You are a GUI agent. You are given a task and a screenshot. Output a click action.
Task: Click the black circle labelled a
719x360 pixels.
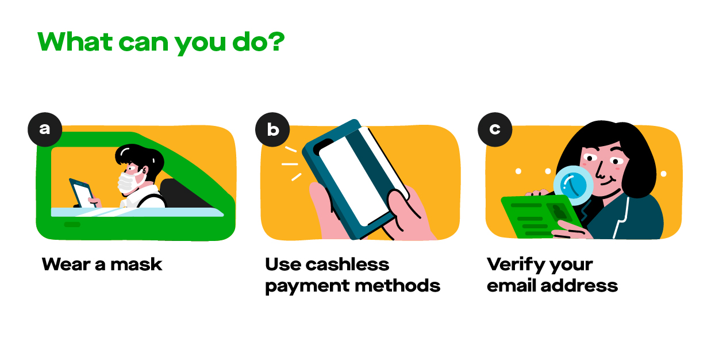click(x=45, y=129)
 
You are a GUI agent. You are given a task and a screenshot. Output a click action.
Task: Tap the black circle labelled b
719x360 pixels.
click(x=272, y=129)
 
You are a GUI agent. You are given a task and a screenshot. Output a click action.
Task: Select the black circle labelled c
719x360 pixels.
click(x=495, y=129)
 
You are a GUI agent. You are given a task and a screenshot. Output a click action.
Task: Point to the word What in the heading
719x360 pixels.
click(x=75, y=42)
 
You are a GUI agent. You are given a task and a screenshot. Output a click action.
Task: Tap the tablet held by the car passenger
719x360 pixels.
click(x=82, y=193)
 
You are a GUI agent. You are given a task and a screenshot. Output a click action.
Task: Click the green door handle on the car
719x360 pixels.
click(x=72, y=224)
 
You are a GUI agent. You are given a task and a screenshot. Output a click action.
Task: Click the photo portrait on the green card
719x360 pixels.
click(x=559, y=212)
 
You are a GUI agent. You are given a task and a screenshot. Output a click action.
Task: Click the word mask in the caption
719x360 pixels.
click(x=136, y=265)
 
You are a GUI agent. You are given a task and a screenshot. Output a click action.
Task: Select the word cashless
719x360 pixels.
click(x=347, y=265)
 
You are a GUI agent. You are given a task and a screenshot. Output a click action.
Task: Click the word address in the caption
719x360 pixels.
click(x=579, y=285)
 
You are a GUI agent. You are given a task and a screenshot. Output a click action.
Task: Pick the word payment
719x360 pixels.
click(x=307, y=287)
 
